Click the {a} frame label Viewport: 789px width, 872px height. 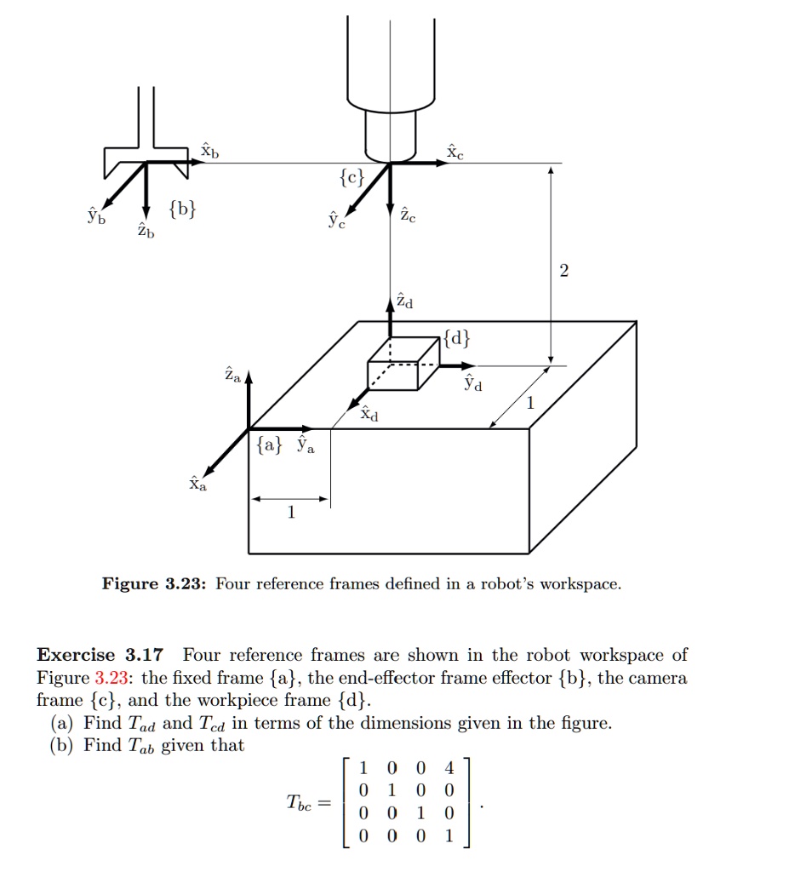click(x=266, y=445)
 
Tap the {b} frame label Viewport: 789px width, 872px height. click(x=182, y=208)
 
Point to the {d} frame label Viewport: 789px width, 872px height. click(x=455, y=339)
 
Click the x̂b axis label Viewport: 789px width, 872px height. click(x=209, y=152)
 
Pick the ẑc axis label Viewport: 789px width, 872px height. click(x=409, y=216)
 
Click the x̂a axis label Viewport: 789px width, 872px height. click(x=197, y=485)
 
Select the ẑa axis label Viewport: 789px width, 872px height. click(x=231, y=374)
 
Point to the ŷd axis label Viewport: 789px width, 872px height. click(x=472, y=384)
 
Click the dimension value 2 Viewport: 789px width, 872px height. click(x=563, y=272)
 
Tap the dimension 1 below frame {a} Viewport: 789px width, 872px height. click(x=291, y=513)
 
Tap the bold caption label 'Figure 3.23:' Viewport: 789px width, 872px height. click(x=154, y=584)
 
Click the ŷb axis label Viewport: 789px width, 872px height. click(x=95, y=215)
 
